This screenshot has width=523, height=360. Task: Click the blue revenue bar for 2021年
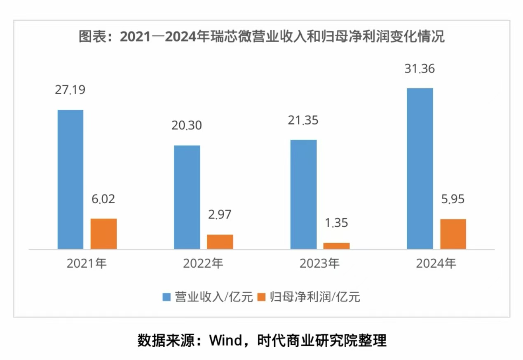click(70, 179)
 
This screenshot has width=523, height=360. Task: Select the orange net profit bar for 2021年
click(103, 234)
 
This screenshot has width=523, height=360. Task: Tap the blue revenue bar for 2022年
click(187, 197)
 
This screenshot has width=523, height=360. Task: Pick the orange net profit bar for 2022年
click(220, 242)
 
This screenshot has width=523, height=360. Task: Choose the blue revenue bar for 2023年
click(304, 194)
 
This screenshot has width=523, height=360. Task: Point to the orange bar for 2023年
click(336, 246)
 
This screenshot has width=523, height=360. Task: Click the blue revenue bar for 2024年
click(420, 169)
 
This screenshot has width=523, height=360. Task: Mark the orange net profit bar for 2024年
click(453, 234)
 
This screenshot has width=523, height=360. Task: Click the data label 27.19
click(70, 90)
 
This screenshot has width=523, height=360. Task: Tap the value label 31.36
click(420, 68)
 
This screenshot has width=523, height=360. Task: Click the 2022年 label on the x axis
click(203, 264)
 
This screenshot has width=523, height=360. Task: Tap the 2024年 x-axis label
click(436, 264)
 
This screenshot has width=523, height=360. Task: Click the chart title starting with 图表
click(261, 37)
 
